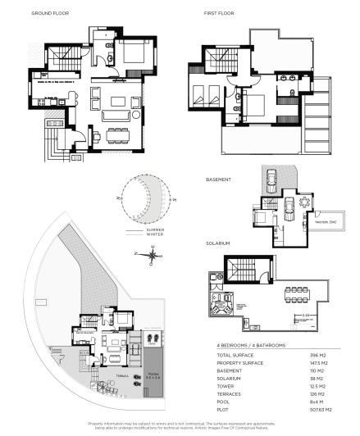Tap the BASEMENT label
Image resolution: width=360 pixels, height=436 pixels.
pos(219,178)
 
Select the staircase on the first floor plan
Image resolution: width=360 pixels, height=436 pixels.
pos(218,58)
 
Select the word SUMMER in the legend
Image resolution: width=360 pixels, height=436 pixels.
pos(156,230)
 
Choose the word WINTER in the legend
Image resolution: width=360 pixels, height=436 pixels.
pos(155,236)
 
